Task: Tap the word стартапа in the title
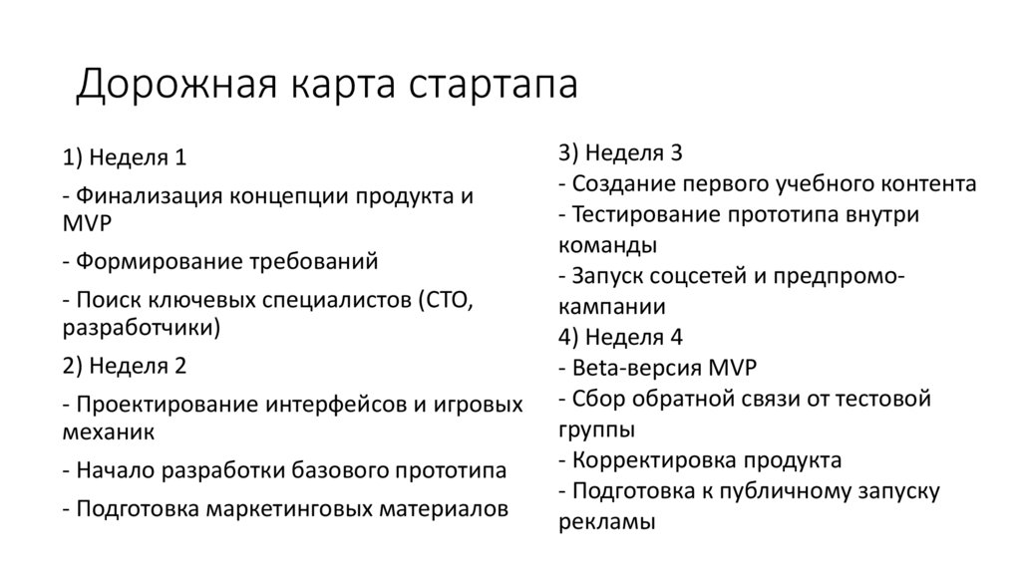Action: tap(493, 86)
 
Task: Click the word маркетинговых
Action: tap(292, 507)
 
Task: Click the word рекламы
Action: tap(607, 521)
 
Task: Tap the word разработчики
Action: tap(141, 326)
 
